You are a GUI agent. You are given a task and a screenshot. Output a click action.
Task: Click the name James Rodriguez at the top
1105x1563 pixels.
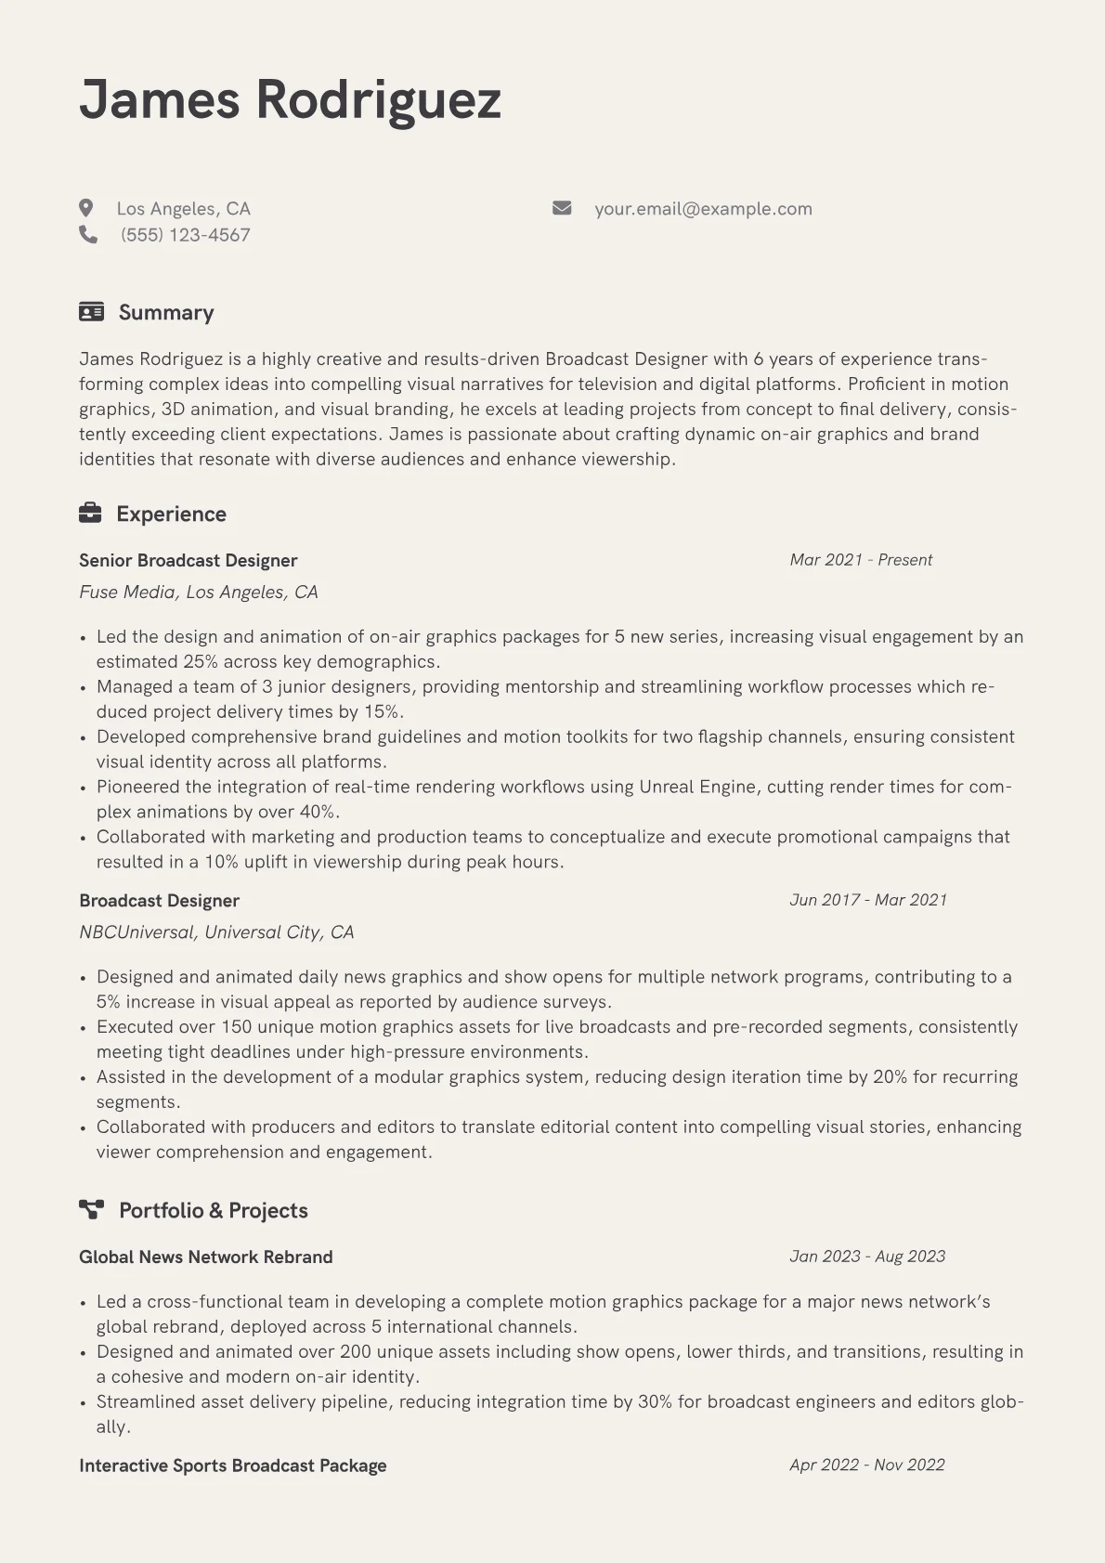290,100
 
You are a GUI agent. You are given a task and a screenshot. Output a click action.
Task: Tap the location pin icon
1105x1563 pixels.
86,208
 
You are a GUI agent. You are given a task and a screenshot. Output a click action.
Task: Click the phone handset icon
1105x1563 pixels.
88,235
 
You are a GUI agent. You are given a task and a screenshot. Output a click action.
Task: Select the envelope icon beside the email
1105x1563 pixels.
562,208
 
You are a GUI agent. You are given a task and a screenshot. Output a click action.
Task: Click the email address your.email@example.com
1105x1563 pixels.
703,209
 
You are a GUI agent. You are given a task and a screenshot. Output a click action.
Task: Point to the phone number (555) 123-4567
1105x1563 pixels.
185,235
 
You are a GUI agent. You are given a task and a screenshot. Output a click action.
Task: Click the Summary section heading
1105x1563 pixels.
166,313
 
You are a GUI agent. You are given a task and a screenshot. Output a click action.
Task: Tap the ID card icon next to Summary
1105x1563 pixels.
91,312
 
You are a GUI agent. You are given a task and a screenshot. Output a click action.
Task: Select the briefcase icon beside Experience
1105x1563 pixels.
90,514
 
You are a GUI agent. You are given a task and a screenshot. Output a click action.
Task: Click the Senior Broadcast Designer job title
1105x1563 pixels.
188,561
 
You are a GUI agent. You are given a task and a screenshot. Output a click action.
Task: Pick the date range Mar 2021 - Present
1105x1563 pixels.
861,560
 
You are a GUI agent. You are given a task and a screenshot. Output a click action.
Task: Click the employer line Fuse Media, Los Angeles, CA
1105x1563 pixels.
199,593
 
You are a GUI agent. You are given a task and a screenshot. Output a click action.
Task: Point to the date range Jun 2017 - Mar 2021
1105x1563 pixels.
868,900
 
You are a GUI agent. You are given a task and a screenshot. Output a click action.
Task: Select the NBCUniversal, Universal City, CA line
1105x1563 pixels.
216,932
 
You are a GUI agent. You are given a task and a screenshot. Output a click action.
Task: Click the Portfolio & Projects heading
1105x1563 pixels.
213,1211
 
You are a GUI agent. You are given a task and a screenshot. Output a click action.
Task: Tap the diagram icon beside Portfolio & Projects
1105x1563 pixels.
91,1210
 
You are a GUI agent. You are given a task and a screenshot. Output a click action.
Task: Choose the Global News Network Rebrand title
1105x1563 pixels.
205,1257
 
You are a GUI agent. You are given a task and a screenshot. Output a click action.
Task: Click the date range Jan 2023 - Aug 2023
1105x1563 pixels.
867,1257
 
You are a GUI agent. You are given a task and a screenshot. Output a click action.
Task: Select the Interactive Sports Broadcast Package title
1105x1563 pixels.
232,1466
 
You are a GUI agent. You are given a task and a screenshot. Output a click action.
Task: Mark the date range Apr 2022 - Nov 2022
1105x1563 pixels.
867,1465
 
